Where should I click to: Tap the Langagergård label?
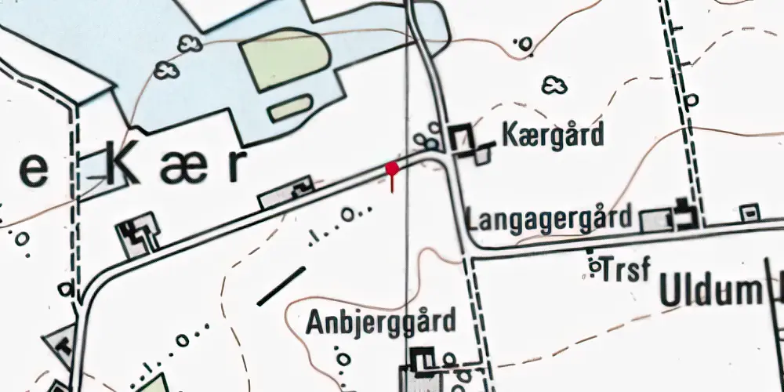(549, 219)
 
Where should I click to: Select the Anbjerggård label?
(381, 321)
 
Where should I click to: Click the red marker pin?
(392, 169)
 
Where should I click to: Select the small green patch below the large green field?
(291, 107)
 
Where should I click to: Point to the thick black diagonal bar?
(281, 285)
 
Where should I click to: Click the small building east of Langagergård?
(750, 212)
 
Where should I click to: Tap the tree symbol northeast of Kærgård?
(555, 85)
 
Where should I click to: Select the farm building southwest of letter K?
(138, 235)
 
